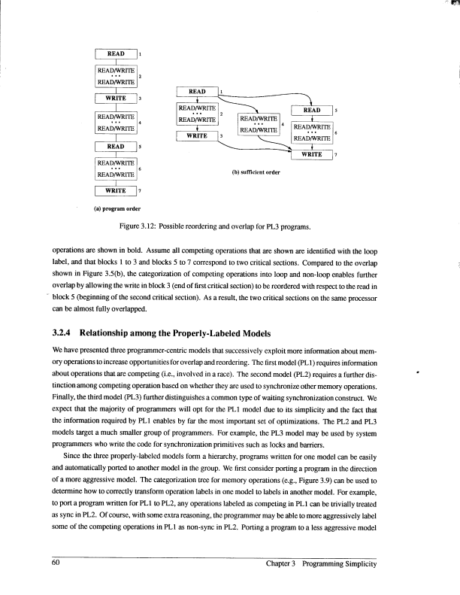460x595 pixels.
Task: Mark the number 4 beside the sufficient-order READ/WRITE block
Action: [x=282, y=123]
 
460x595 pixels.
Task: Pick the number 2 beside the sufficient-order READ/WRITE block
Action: [x=220, y=113]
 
